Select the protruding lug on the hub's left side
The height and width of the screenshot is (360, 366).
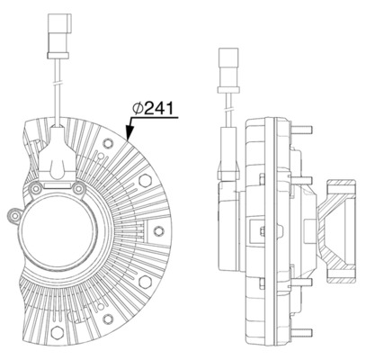click(14, 216)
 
